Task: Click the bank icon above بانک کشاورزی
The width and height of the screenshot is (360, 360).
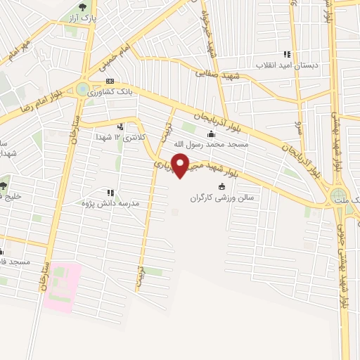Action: [110, 82]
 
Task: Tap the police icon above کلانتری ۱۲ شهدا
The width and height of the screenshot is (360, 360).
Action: [121, 128]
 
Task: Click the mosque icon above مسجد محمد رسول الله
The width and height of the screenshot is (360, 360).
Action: [210, 134]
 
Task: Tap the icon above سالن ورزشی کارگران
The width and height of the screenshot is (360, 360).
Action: [223, 186]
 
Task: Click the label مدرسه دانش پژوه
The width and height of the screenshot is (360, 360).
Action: [108, 202]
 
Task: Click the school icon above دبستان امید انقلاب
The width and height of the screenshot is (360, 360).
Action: [286, 54]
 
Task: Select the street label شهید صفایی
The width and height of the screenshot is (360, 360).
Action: [219, 74]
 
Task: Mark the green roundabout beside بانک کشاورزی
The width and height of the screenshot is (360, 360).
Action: [83, 89]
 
